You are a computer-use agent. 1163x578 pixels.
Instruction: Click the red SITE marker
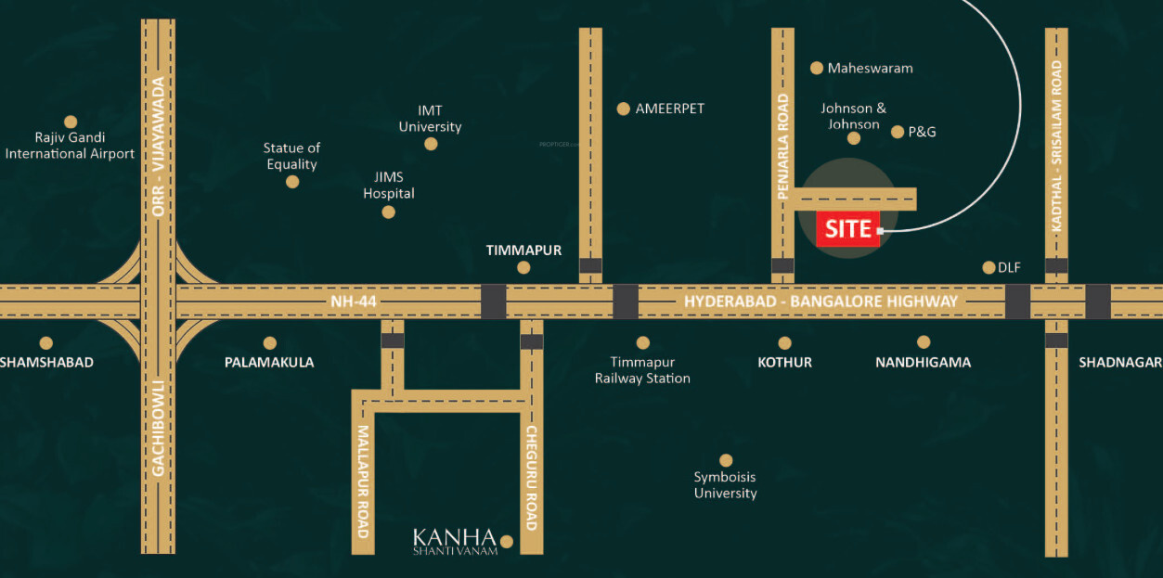pos(847,228)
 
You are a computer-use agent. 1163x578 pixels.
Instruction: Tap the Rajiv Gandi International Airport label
pos(71,146)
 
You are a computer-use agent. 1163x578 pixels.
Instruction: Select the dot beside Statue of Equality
pos(292,182)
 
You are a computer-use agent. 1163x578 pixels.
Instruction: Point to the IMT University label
pos(430,118)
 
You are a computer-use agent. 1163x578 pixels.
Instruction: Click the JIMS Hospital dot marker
pos(389,212)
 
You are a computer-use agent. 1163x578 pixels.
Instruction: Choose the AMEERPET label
pos(669,109)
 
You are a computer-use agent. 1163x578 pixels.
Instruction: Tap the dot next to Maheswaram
pos(817,68)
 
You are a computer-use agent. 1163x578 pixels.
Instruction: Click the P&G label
pos(922,132)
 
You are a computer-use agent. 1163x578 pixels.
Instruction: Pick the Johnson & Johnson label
pos(854,116)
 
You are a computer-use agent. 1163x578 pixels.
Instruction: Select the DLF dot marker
pos(989,267)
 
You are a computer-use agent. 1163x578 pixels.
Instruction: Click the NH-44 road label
pos(354,302)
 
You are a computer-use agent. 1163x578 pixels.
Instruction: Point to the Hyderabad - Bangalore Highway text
pos(821,302)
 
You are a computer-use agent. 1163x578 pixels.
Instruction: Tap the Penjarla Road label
pos(783,146)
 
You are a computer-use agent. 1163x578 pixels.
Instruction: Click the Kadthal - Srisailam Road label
pos(1056,147)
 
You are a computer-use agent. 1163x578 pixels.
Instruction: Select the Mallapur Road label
pos(363,481)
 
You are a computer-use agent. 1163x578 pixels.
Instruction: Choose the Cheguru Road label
pos(532,478)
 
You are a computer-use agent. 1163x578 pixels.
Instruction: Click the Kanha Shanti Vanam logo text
pos(455,540)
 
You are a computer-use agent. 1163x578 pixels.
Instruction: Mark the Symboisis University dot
pos(726,460)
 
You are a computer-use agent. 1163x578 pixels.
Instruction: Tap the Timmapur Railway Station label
pos(642,370)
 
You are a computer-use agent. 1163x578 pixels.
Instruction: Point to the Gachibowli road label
pos(158,428)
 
